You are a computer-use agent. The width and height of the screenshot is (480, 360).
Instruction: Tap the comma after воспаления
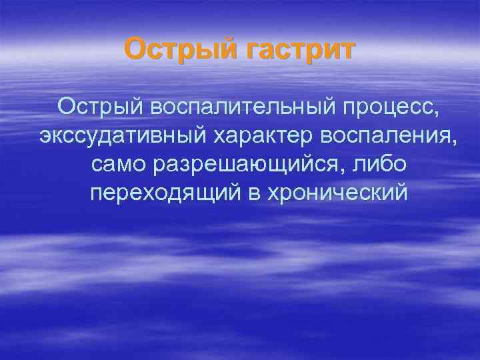tap(455, 142)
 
